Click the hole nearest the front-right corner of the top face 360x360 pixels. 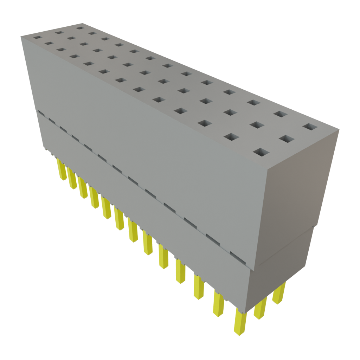coord(261,152)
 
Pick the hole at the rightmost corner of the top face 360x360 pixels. coord(309,126)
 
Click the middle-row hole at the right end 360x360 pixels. coord(287,139)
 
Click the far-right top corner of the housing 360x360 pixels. coord(340,129)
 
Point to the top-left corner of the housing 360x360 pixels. coord(21,35)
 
